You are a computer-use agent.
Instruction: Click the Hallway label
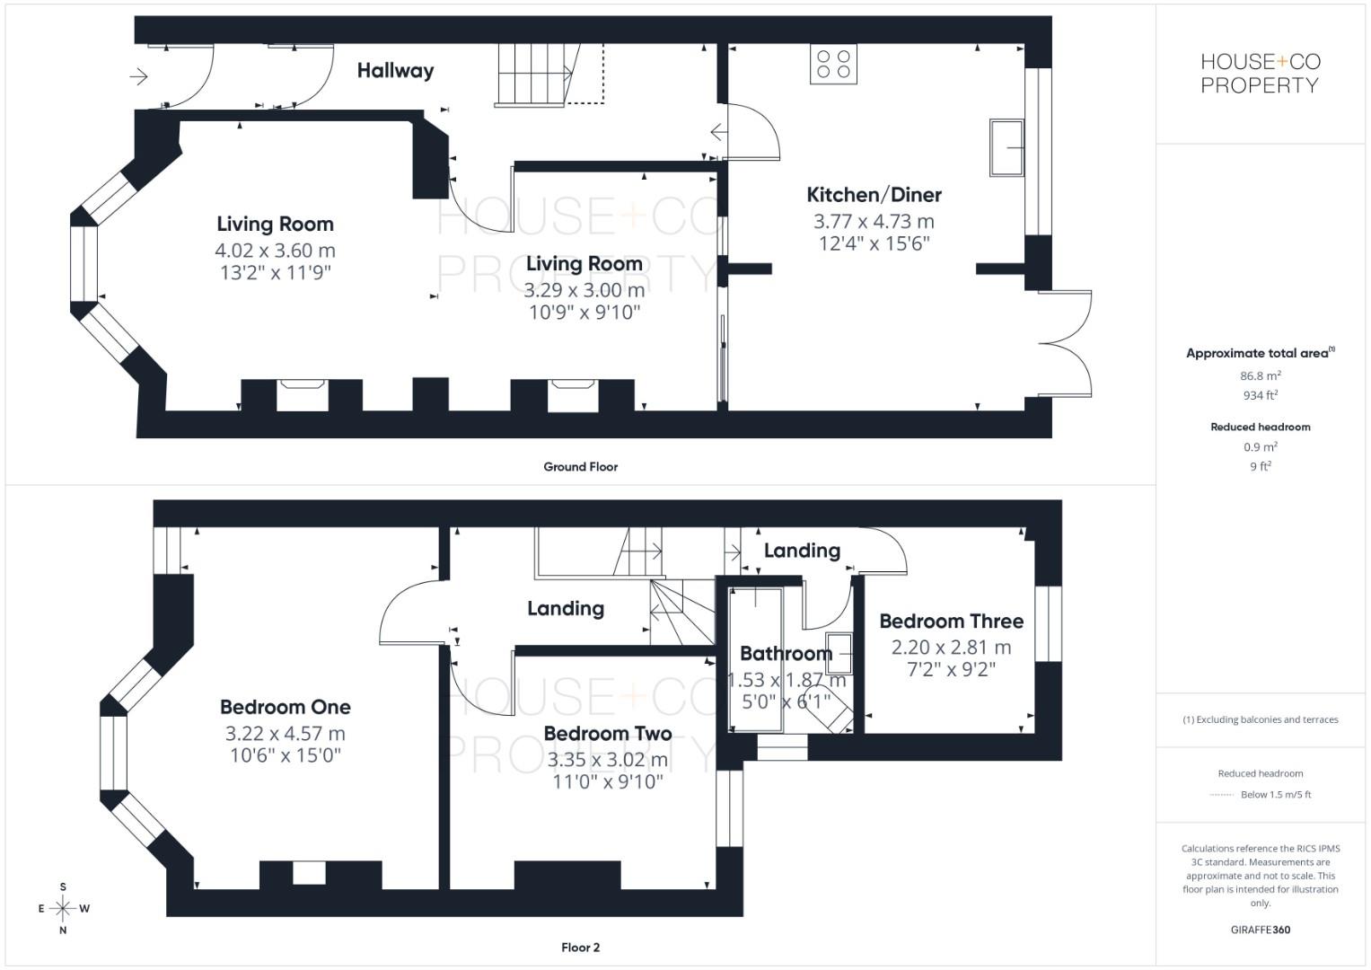[x=395, y=70]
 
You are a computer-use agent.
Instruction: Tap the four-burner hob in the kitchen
[x=832, y=64]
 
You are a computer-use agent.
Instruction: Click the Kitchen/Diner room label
[x=874, y=194]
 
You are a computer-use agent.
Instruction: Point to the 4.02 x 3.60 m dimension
[x=275, y=250]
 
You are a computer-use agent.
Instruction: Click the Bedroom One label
[x=285, y=707]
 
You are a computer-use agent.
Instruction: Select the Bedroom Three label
[x=951, y=621]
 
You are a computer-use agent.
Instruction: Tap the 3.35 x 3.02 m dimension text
[x=608, y=759]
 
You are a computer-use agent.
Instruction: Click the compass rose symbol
[x=63, y=908]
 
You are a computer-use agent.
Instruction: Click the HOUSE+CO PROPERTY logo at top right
[x=1260, y=74]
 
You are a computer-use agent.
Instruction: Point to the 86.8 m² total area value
[x=1260, y=376]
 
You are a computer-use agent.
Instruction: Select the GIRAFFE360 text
[x=1260, y=930]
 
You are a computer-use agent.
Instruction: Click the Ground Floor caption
[x=580, y=466]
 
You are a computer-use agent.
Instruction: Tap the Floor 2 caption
[x=580, y=947]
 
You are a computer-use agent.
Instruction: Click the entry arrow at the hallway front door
[x=138, y=77]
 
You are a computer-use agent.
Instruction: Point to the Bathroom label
[x=785, y=653]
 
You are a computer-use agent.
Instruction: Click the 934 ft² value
[x=1260, y=395]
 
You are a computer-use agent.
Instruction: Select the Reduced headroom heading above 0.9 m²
[x=1260, y=427]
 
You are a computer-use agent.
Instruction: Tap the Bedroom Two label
[x=608, y=733]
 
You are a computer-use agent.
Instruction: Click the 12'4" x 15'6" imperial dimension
[x=874, y=242]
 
